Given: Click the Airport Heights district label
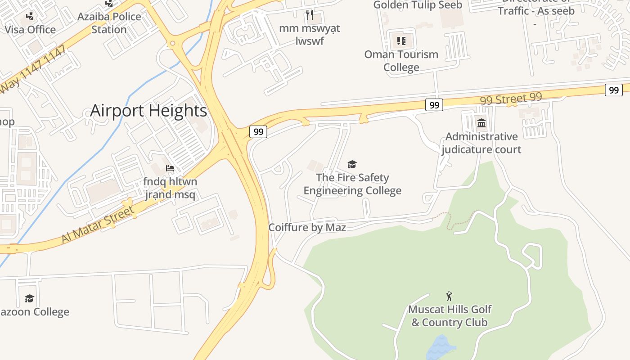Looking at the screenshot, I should click(x=148, y=111).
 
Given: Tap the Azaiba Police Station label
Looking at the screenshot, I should click(x=109, y=23).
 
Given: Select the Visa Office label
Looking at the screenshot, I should click(x=30, y=30).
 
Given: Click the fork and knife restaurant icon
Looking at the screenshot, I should click(x=309, y=15).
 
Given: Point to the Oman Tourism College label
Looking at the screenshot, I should click(x=401, y=61).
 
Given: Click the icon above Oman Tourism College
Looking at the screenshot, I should click(x=401, y=41).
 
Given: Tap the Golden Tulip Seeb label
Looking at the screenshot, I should click(x=418, y=5).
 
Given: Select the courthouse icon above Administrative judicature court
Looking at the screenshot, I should click(x=481, y=122).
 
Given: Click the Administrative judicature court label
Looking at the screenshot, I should click(x=481, y=143).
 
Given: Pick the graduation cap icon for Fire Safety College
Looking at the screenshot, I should click(x=352, y=164).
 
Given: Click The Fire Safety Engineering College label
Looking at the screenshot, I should click(x=352, y=184).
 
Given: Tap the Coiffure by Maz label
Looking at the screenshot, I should click(x=307, y=227).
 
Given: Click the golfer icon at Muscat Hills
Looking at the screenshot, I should click(x=449, y=296).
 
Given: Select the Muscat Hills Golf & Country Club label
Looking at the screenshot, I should click(x=450, y=316).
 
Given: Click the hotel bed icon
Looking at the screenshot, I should click(x=170, y=168).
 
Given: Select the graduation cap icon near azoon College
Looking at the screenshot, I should click(x=30, y=298).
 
